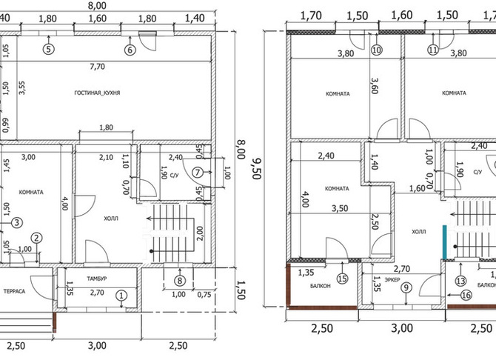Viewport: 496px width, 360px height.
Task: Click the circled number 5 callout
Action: coord(49,49)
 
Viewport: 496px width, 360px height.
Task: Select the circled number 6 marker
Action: coord(130,50)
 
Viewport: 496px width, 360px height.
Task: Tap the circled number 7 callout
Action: coord(198,173)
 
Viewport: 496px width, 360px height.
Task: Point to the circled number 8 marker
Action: coord(180,281)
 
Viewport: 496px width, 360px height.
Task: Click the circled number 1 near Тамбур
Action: coord(121,296)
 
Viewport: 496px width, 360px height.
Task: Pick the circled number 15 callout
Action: coord(342,279)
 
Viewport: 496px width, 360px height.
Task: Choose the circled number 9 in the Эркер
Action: coord(406,287)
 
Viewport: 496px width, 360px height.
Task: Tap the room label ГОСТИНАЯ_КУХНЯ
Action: coord(97,93)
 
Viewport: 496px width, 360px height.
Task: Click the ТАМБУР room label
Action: coord(97,279)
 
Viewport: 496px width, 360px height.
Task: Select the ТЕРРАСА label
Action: coord(14,291)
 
